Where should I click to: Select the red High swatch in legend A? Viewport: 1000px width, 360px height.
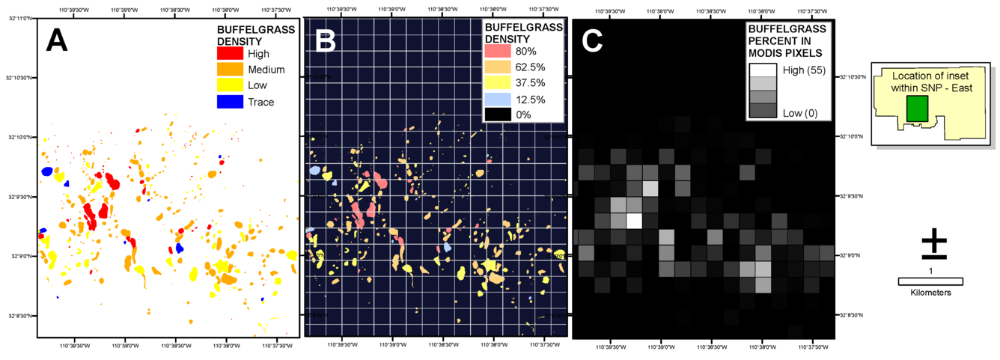pyautogui.click(x=230, y=54)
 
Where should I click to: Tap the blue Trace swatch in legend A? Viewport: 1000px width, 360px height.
pyautogui.click(x=230, y=102)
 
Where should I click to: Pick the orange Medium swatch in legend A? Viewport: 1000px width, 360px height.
pyautogui.click(x=230, y=70)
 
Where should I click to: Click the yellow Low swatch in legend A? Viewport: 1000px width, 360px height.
pyautogui.click(x=230, y=86)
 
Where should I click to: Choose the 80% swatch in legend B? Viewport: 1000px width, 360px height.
pyautogui.click(x=498, y=51)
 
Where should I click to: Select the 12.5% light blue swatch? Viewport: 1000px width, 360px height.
pyautogui.click(x=498, y=99)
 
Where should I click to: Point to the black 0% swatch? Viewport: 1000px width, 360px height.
pyautogui.click(x=498, y=115)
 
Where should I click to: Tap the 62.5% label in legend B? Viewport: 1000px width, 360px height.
pyautogui.click(x=531, y=67)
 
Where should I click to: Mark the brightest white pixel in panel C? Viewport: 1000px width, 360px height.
pyautogui.click(x=635, y=221)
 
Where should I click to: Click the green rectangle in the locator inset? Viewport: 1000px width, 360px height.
pyautogui.click(x=917, y=109)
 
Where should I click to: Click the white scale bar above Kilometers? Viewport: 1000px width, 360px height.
pyautogui.click(x=930, y=281)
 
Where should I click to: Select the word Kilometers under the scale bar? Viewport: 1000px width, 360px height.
pyautogui.click(x=930, y=293)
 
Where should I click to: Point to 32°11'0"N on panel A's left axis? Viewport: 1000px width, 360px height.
pyautogui.click(x=19, y=18)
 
